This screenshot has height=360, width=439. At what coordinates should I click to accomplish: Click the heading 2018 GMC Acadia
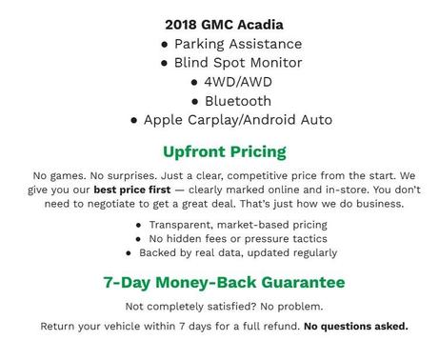[x=224, y=24]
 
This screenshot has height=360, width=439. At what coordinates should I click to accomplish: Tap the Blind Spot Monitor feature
[x=237, y=63]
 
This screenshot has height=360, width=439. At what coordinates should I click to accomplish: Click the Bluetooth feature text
[x=237, y=101]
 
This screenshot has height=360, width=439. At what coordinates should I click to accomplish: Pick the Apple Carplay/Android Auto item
[x=237, y=120]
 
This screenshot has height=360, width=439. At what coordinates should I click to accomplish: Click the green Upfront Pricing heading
[x=224, y=151]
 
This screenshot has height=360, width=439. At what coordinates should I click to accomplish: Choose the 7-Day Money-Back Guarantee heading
[x=224, y=283]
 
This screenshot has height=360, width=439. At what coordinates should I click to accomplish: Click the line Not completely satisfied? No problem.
[x=224, y=306]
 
